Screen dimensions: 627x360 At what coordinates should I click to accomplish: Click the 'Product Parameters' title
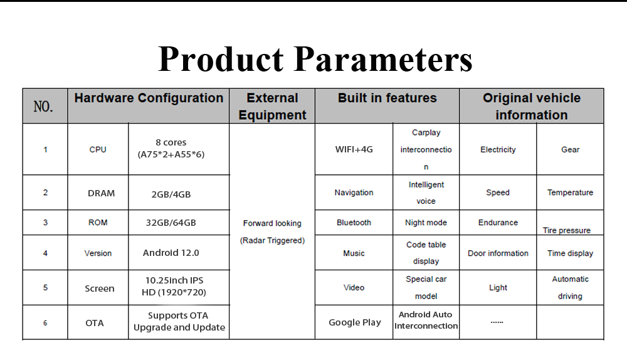click(x=315, y=59)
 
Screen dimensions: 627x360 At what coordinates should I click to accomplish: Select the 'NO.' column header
click(x=43, y=107)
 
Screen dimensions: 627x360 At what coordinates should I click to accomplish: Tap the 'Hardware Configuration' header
click(x=149, y=98)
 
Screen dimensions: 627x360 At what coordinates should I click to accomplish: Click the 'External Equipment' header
click(x=272, y=107)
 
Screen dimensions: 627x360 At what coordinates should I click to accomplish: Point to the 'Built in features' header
click(x=387, y=98)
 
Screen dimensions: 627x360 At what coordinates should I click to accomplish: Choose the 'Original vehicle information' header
click(x=532, y=107)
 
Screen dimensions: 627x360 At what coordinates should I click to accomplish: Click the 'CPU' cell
click(x=98, y=150)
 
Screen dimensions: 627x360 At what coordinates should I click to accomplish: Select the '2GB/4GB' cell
click(x=171, y=194)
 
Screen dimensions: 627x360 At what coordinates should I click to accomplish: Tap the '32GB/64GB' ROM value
click(x=171, y=223)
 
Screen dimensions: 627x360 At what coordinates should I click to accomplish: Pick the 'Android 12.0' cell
click(x=171, y=253)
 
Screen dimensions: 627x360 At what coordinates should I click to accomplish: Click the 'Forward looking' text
click(x=272, y=223)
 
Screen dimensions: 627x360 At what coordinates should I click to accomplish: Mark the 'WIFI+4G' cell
click(x=354, y=150)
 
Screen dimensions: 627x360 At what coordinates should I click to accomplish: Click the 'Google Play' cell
click(x=355, y=322)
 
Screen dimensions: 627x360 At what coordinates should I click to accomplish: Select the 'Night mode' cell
click(x=426, y=223)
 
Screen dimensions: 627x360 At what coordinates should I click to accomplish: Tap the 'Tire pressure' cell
click(x=567, y=230)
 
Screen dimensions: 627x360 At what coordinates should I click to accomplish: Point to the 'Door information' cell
click(x=498, y=253)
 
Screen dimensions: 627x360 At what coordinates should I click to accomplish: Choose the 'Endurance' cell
click(x=498, y=223)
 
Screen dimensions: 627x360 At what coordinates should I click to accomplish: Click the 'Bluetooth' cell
click(x=354, y=223)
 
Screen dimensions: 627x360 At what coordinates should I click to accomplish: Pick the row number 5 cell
click(x=45, y=288)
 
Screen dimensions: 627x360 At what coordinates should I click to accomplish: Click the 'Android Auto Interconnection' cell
click(x=426, y=320)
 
